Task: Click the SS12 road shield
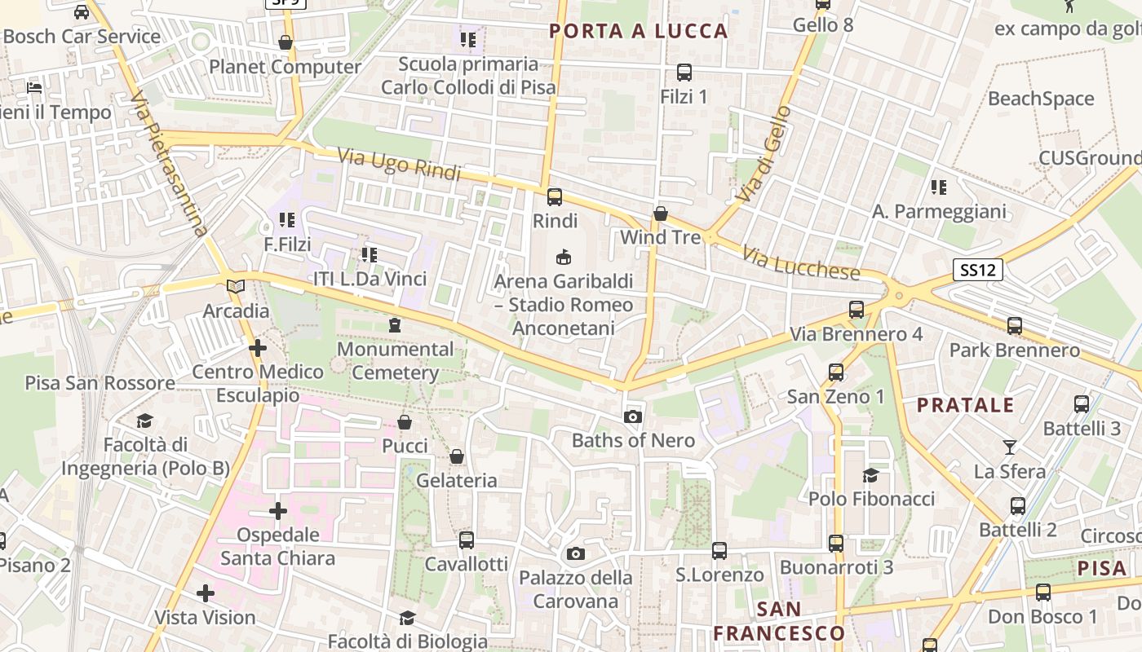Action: pyautogui.click(x=977, y=270)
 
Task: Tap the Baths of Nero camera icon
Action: pyautogui.click(x=632, y=417)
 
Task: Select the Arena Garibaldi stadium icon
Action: pyautogui.click(x=563, y=258)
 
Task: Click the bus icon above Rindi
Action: pyautogui.click(x=555, y=196)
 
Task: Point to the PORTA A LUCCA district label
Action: pyautogui.click(x=638, y=31)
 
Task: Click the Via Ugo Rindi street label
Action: pyautogui.click(x=399, y=164)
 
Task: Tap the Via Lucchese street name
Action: pyautogui.click(x=800, y=262)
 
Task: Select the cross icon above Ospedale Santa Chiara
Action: pyautogui.click(x=278, y=511)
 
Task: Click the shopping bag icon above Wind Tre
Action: pyautogui.click(x=661, y=214)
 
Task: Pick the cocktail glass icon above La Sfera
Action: pyautogui.click(x=1010, y=447)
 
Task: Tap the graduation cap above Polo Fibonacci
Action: pyautogui.click(x=871, y=475)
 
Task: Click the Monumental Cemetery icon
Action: pyautogui.click(x=395, y=325)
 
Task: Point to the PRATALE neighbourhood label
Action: pyautogui.click(x=966, y=405)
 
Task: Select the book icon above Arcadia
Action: pyautogui.click(x=236, y=287)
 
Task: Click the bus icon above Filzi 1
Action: pyautogui.click(x=684, y=73)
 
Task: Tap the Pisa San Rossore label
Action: pyautogui.click(x=100, y=383)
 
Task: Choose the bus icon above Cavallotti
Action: pyautogui.click(x=467, y=540)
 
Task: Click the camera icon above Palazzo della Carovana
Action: pyautogui.click(x=576, y=554)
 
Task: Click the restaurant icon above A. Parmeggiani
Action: pyautogui.click(x=939, y=187)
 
